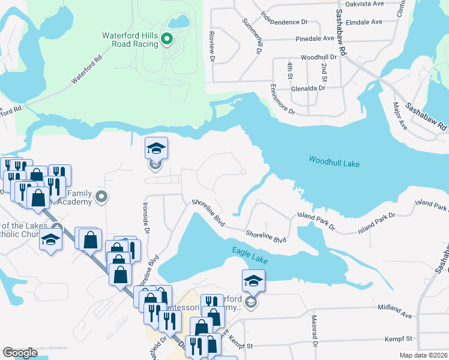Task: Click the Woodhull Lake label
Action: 334,160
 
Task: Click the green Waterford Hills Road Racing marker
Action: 169,40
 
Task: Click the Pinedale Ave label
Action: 315,38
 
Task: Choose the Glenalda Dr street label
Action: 306,88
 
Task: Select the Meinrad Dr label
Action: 314,335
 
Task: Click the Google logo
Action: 20,353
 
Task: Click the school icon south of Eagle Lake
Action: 253,280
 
